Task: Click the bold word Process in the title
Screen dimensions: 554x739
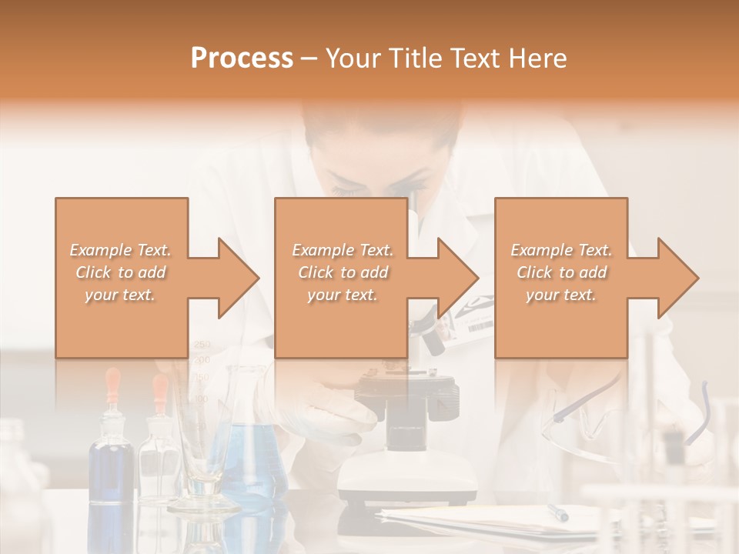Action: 242,58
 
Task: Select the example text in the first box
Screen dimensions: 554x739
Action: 120,272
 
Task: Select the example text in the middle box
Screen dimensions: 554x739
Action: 342,272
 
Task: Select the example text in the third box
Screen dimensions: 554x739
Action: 560,272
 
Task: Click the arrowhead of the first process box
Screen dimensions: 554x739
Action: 231,278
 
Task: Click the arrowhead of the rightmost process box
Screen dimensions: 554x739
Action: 671,278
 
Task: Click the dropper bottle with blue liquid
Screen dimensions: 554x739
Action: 112,462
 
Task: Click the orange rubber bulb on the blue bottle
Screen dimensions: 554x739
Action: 113,382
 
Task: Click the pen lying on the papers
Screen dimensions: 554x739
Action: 557,512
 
